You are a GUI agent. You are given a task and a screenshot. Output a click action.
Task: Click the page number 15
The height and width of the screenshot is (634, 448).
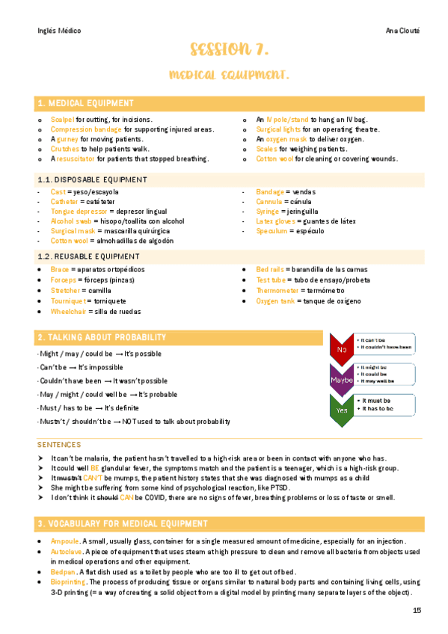coord(417,611)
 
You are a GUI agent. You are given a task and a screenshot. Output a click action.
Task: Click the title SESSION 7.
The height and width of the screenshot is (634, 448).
coord(229,51)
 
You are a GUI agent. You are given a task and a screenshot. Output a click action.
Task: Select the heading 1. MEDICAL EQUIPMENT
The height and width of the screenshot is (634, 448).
coord(86,103)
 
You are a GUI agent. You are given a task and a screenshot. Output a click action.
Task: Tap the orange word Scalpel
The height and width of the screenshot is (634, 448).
coord(62,120)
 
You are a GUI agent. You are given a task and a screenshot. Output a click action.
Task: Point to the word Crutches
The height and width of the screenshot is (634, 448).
coord(65,149)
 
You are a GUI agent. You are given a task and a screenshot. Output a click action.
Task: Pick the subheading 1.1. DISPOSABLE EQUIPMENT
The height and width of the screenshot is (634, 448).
coord(92,179)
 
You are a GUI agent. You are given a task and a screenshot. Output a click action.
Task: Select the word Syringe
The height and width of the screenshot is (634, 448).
coord(269,212)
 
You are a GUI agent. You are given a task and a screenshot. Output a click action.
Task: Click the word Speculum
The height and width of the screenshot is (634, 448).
coord(271,231)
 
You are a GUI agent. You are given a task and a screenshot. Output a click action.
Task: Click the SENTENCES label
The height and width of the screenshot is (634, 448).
coord(59,443)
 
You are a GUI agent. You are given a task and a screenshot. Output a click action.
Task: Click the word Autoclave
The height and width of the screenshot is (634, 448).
coord(66,550)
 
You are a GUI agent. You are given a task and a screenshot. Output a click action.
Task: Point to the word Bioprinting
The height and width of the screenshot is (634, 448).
coord(68,581)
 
